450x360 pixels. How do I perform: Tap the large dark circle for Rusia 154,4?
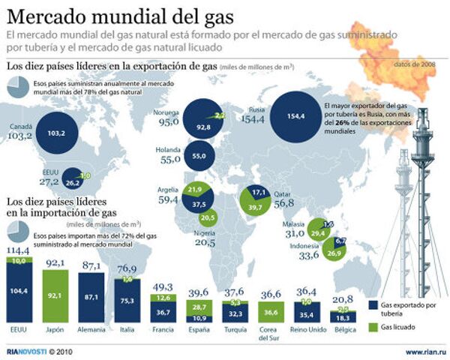pyautogui.click(x=292, y=117)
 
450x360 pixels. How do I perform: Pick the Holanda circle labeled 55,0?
pyautogui.click(x=199, y=156)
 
